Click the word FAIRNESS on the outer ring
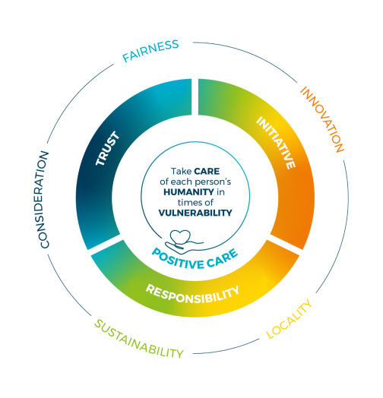pyautogui.click(x=150, y=51)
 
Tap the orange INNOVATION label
pyautogui.click(x=322, y=119)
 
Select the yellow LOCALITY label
pyautogui.click(x=289, y=319)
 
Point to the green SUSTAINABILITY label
pyautogui.click(x=138, y=339)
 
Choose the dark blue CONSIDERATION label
pyautogui.click(x=44, y=200)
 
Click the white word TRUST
pyautogui.click(x=107, y=148)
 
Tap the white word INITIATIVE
pyautogui.click(x=276, y=142)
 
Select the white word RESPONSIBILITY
pyautogui.click(x=192, y=294)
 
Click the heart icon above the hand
pyautogui.click(x=180, y=236)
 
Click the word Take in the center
pyautogui.click(x=181, y=172)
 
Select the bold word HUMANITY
pyautogui.click(x=188, y=192)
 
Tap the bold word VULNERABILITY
pyautogui.click(x=195, y=213)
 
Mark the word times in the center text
pyautogui.click(x=187, y=203)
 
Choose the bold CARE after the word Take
pyautogui.click(x=207, y=172)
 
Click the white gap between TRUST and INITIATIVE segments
pyautogui.click(x=195, y=96)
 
